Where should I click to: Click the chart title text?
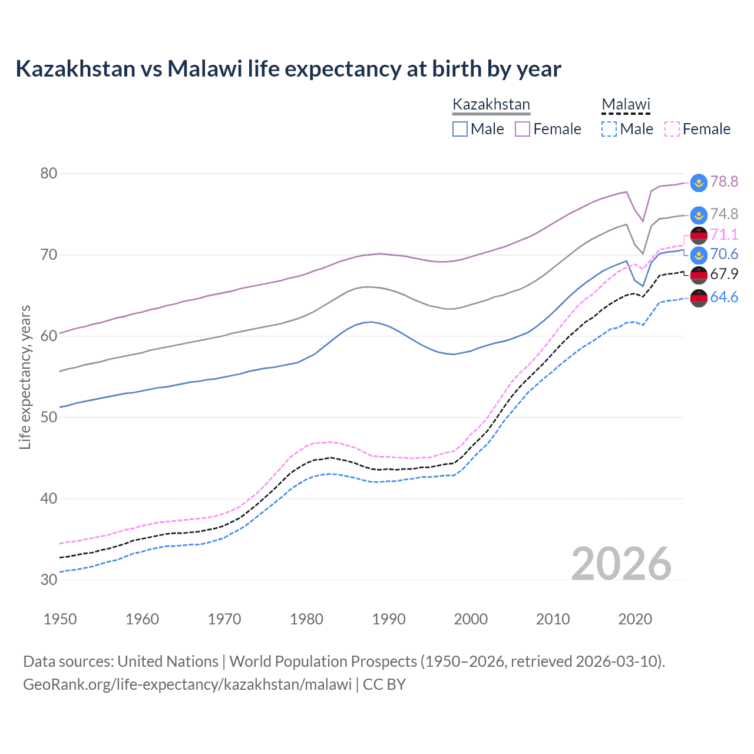pyautogui.click(x=288, y=69)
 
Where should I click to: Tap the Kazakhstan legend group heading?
pyautogui.click(x=491, y=105)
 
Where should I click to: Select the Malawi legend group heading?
pyautogui.click(x=626, y=105)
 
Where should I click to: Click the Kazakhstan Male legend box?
pyautogui.click(x=460, y=129)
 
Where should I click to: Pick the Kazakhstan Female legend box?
pyautogui.click(x=522, y=129)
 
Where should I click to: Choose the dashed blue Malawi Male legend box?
pyautogui.click(x=609, y=129)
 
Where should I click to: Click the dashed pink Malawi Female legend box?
pyautogui.click(x=672, y=129)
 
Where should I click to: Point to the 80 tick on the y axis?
pyautogui.click(x=49, y=173)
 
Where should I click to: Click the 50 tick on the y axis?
pyautogui.click(x=49, y=417)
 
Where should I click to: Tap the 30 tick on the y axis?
pyautogui.click(x=49, y=580)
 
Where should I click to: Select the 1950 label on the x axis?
pyautogui.click(x=60, y=619)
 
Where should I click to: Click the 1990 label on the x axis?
pyautogui.click(x=389, y=619)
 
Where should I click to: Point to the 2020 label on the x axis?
pyautogui.click(x=635, y=619)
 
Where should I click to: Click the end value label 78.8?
pyautogui.click(x=724, y=181)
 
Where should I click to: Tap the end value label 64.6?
pyautogui.click(x=724, y=297)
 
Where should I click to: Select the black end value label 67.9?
pyautogui.click(x=724, y=274)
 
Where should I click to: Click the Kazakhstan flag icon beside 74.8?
pyautogui.click(x=699, y=215)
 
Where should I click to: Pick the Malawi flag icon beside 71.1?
pyautogui.click(x=699, y=235)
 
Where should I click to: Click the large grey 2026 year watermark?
pyautogui.click(x=621, y=564)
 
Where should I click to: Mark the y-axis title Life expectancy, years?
pyautogui.click(x=25, y=377)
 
